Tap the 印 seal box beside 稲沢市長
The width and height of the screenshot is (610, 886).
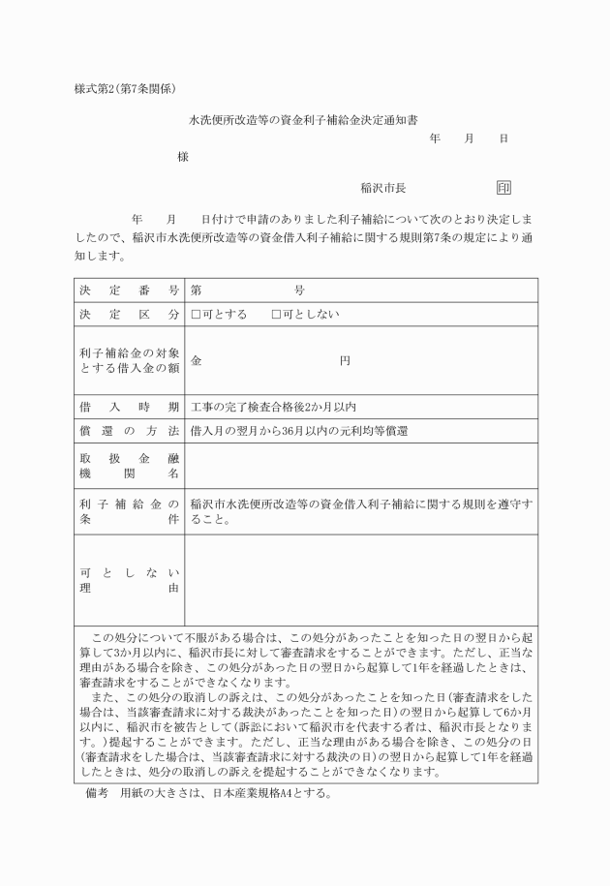pos(503,188)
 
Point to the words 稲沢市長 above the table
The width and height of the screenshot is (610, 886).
pos(381,189)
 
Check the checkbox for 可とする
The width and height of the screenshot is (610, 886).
pos(197,315)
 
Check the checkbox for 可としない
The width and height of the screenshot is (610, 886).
pos(276,315)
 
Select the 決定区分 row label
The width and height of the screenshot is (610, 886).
pos(128,315)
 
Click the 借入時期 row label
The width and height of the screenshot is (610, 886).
pos(128,407)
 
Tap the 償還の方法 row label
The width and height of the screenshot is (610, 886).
pos(128,431)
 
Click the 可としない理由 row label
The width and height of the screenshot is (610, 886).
pos(128,579)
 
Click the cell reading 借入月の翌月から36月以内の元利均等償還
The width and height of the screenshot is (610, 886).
pos(298,431)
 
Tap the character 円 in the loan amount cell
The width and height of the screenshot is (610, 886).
pos(345,361)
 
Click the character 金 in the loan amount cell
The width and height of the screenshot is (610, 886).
pos(197,361)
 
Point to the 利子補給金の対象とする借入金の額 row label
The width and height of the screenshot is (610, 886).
pos(128,361)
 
